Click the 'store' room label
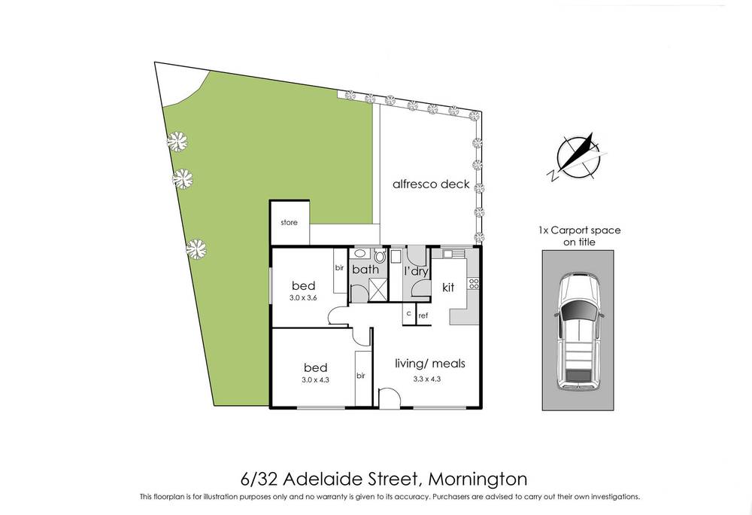(x=289, y=223)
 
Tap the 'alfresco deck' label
(x=431, y=184)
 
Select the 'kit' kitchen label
(x=449, y=287)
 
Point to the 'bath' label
(x=365, y=269)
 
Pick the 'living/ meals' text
(x=430, y=364)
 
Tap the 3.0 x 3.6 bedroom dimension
(x=303, y=298)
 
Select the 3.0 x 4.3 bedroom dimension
(x=315, y=379)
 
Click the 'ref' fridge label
(x=423, y=315)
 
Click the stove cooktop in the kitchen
(x=474, y=284)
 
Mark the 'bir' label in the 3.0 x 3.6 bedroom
(x=339, y=267)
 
